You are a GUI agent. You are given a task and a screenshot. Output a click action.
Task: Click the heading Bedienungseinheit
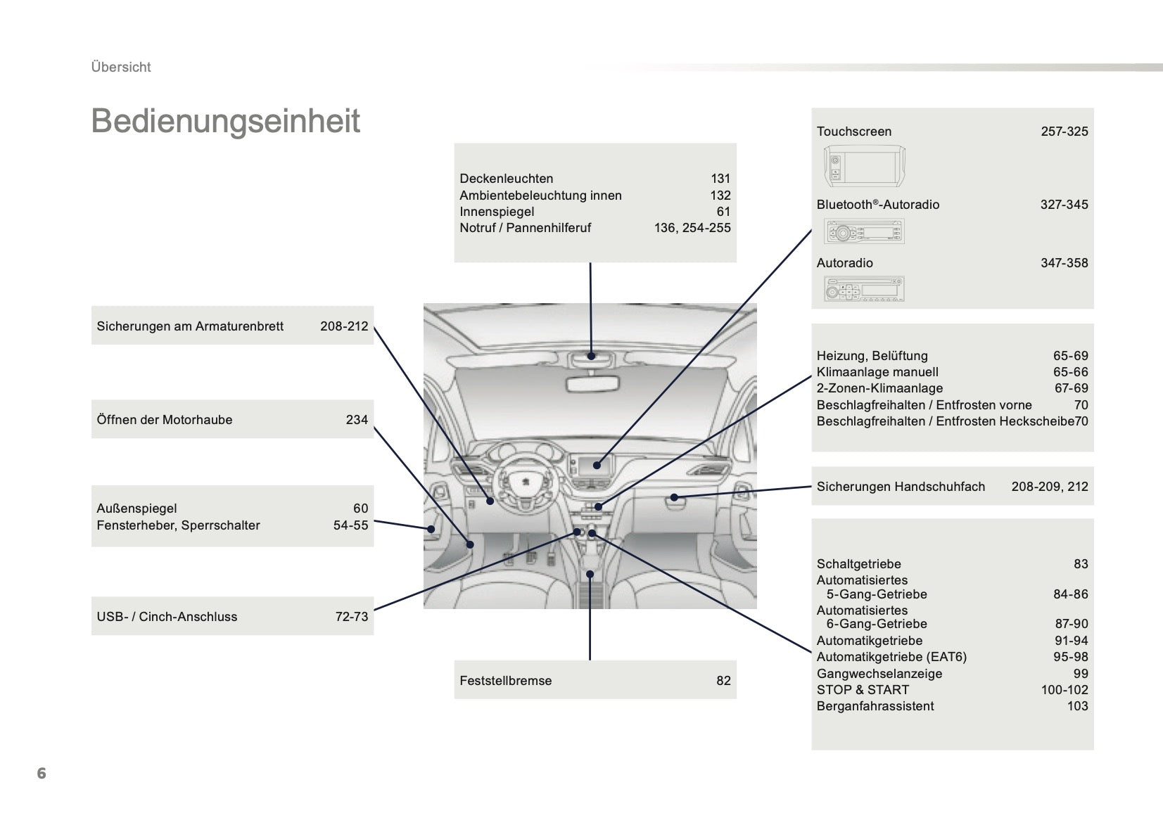pos(225,121)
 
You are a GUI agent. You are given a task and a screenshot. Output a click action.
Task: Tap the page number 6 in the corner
pos(42,773)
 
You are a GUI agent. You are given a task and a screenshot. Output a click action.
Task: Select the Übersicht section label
pos(121,67)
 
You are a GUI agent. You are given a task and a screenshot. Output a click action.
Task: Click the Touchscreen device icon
pos(863,167)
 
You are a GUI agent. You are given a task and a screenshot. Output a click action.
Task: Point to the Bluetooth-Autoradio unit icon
pos(863,231)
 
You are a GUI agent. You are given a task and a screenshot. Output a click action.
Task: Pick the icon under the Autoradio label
pos(863,289)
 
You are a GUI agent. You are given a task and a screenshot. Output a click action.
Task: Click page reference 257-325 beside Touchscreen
pos(1064,132)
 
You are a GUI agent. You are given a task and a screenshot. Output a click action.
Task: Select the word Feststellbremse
pos(505,681)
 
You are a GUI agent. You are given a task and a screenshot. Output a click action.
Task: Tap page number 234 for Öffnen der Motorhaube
pos(357,420)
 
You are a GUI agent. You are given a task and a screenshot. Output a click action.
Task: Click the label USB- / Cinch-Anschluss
pos(167,617)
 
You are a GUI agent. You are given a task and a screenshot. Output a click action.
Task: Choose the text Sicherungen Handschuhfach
pos(901,487)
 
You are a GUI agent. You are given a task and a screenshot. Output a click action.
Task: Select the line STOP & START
pos(863,690)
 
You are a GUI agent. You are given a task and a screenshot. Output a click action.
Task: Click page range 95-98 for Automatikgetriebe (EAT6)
pos(1070,657)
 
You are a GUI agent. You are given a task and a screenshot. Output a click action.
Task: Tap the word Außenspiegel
pos(136,509)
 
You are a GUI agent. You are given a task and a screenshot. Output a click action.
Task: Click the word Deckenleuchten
pos(506,179)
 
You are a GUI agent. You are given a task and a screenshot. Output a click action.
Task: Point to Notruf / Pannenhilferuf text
pos(525,228)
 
